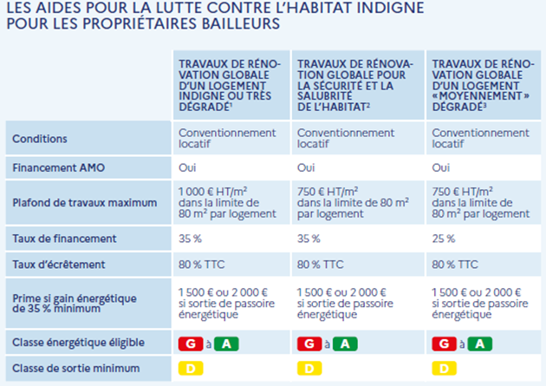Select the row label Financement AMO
[x=52, y=167]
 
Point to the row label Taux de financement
[x=59, y=238]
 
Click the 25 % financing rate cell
[x=444, y=238]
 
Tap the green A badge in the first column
[x=224, y=343]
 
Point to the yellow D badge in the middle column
[x=306, y=369]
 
